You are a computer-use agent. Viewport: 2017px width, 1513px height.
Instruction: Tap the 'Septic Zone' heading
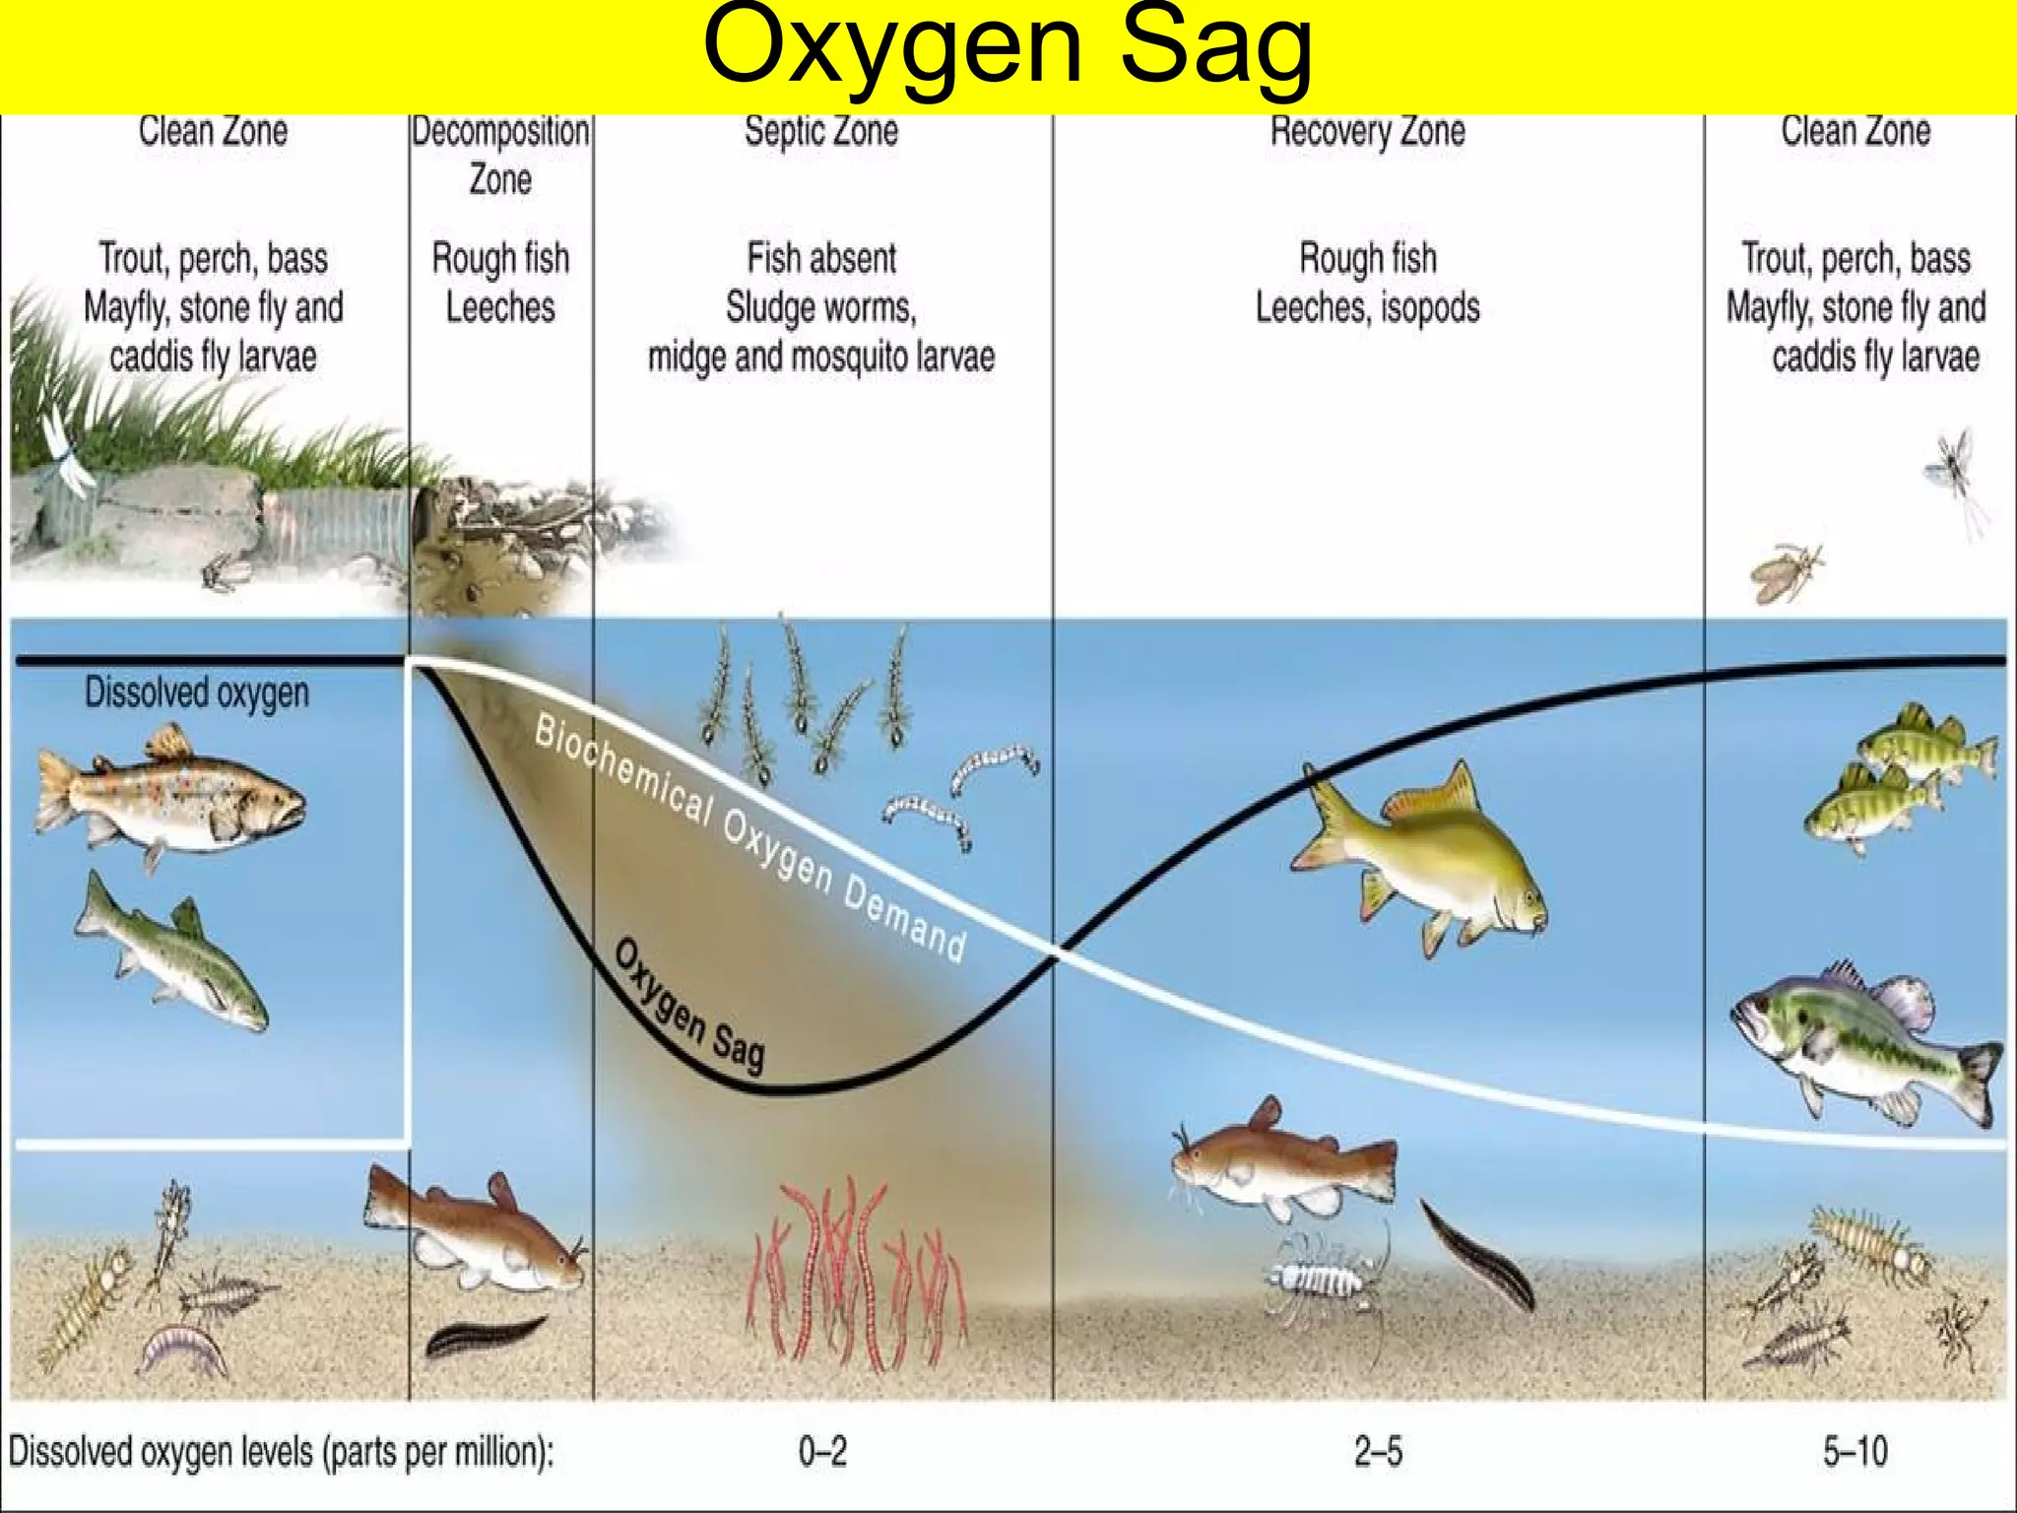coord(820,131)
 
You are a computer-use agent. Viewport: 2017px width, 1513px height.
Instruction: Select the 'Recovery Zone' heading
coord(1367,131)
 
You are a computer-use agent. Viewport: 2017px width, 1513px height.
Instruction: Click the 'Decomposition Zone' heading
coord(500,155)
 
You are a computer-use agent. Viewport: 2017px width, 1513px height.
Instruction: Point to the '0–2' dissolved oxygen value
coord(822,1451)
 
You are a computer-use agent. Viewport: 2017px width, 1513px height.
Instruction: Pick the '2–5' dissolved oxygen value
coord(1378,1451)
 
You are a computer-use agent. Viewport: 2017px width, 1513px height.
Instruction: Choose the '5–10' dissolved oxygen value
coord(1855,1451)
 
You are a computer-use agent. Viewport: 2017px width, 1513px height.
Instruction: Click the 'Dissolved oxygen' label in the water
coord(197,692)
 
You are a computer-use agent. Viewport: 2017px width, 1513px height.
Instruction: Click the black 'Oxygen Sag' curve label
coord(689,1005)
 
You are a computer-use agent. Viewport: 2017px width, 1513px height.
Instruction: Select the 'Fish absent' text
coord(821,258)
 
